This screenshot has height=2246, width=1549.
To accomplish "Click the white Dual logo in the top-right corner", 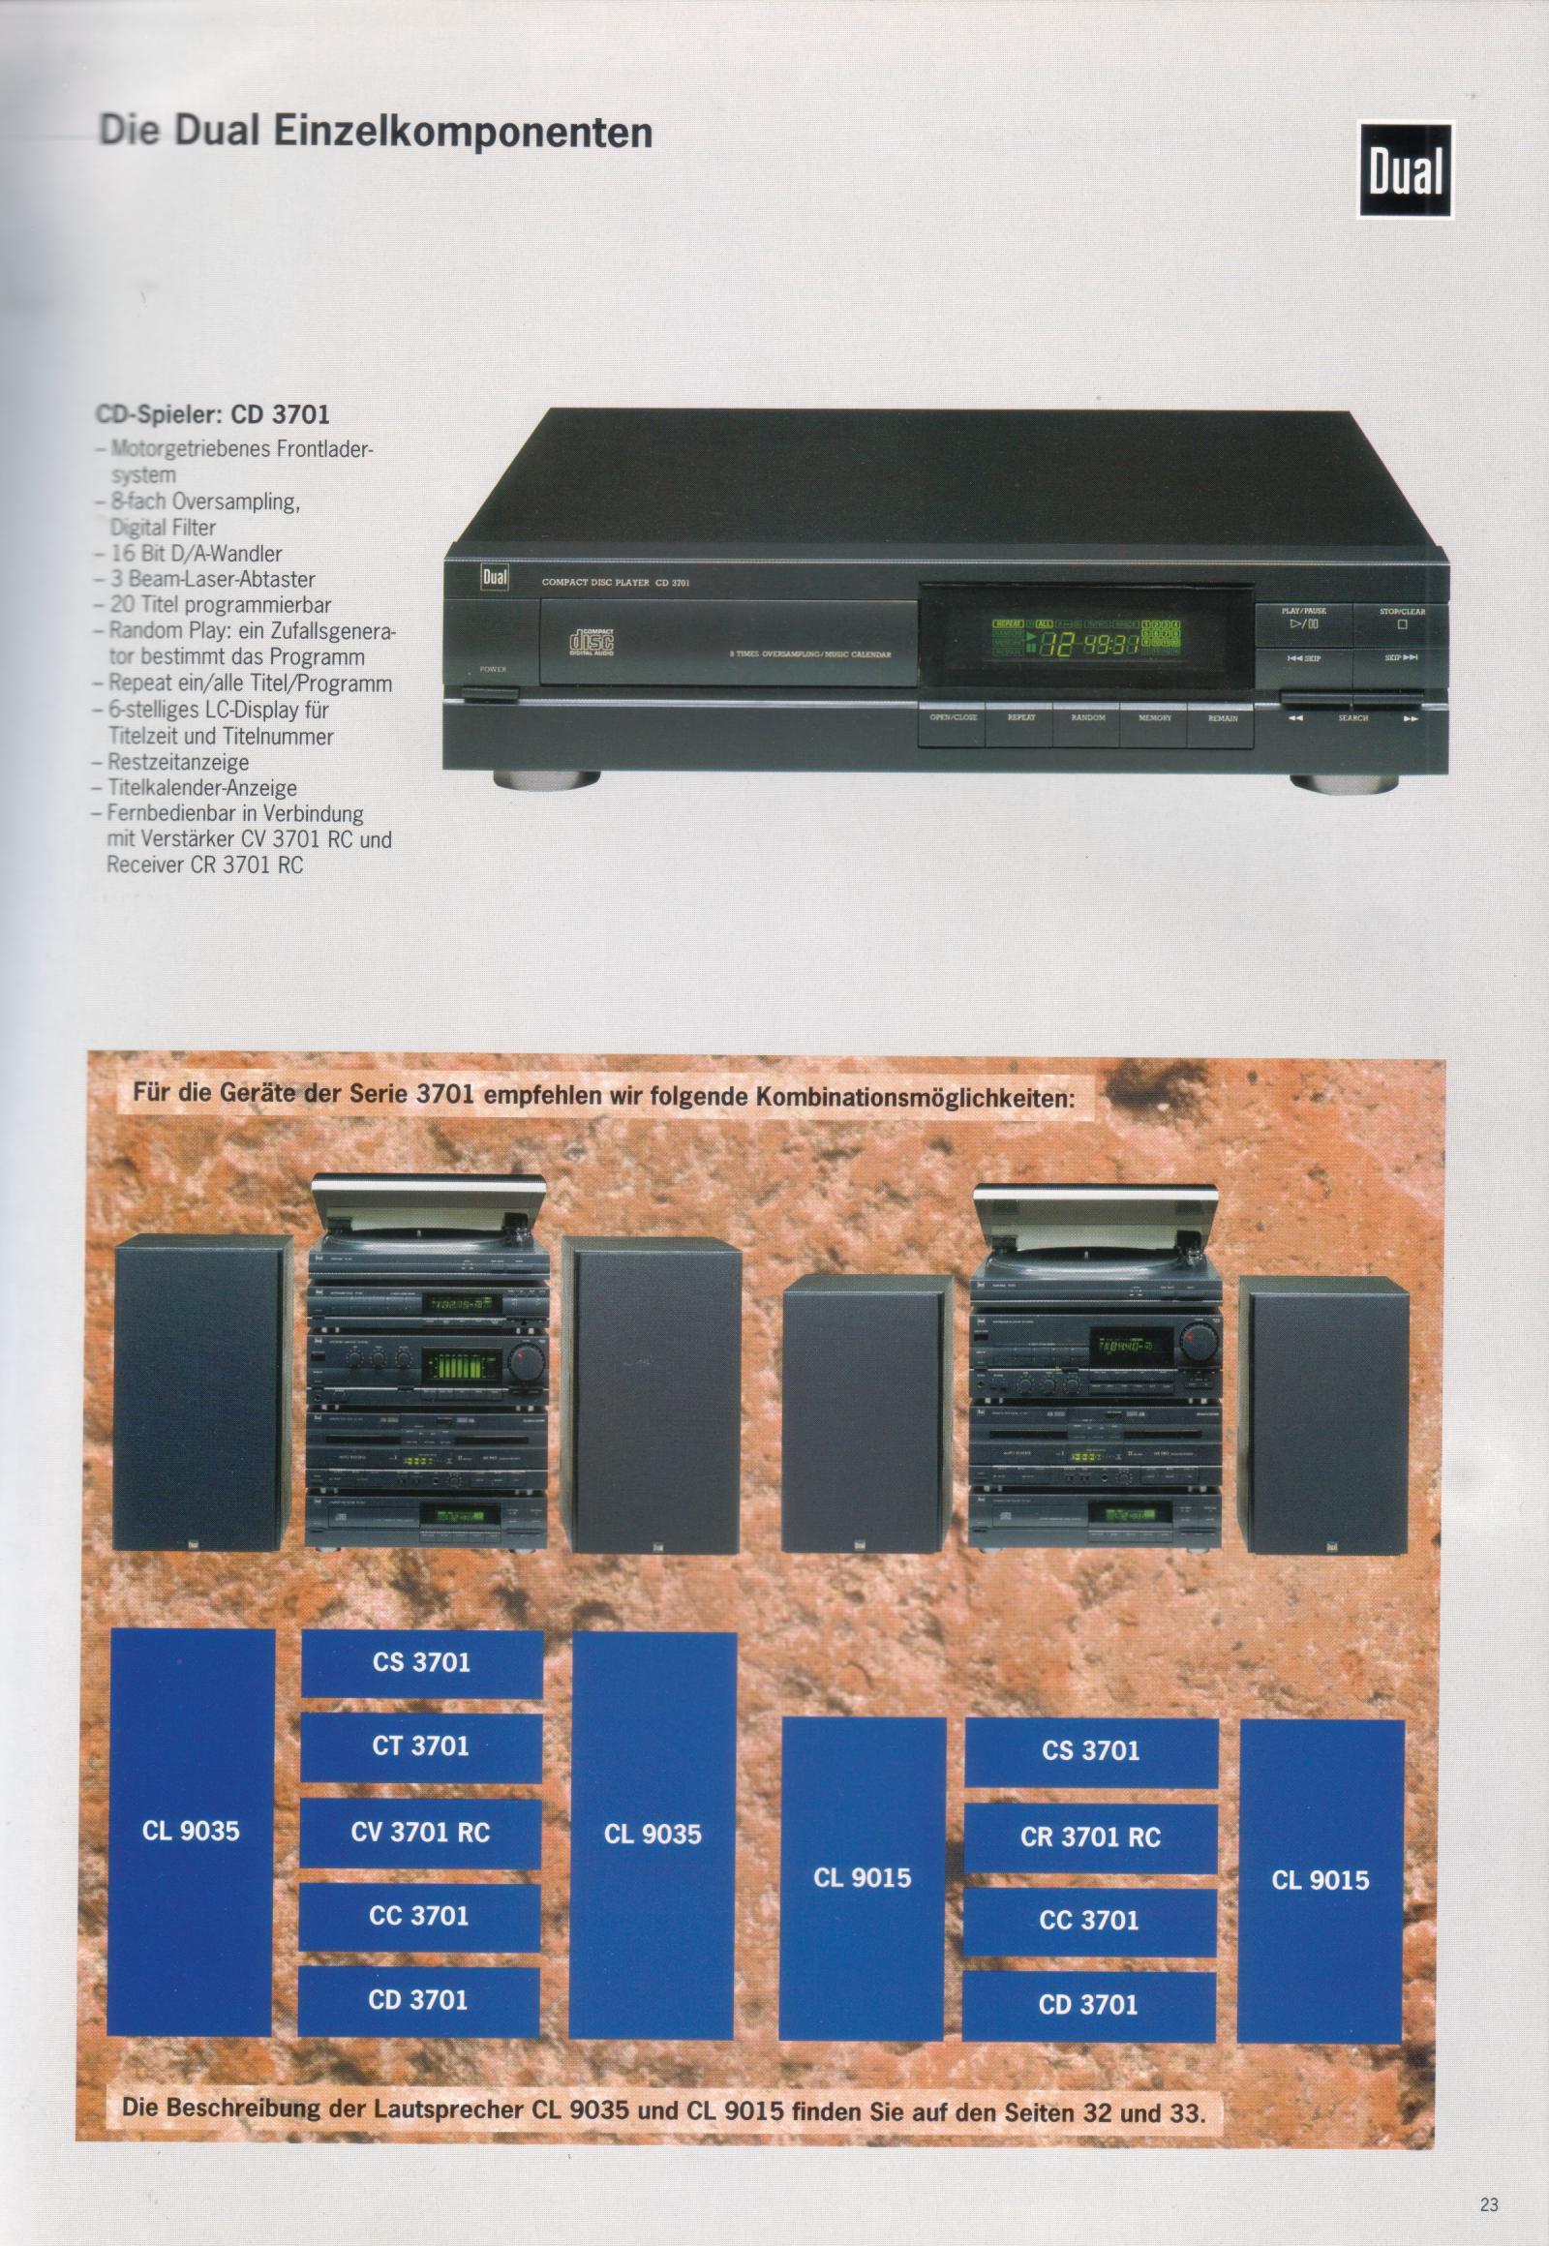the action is point(1405,170).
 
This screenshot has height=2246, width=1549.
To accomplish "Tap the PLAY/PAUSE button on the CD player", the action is point(1302,620).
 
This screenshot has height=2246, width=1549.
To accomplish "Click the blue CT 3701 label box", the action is point(420,1746).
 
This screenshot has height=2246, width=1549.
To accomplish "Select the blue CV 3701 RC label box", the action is point(419,1832).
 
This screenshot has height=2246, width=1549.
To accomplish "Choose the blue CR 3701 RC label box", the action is point(1090,1836).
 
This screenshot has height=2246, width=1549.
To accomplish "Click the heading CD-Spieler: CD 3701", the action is point(213,415).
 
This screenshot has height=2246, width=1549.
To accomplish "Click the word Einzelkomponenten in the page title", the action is point(463,133).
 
